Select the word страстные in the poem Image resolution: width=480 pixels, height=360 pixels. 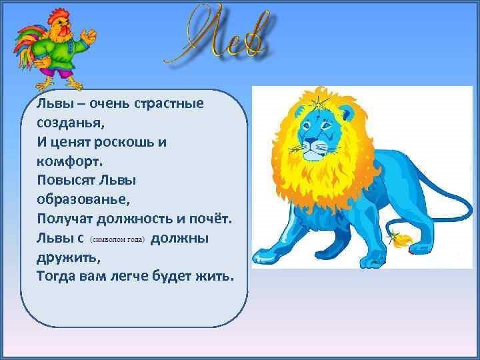[169, 103]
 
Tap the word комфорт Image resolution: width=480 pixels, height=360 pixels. [69, 161]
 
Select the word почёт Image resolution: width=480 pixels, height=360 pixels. [211, 219]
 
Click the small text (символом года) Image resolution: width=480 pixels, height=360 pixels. [117, 239]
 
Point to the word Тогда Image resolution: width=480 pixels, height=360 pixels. [56, 276]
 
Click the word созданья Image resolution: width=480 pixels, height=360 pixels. [71, 123]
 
